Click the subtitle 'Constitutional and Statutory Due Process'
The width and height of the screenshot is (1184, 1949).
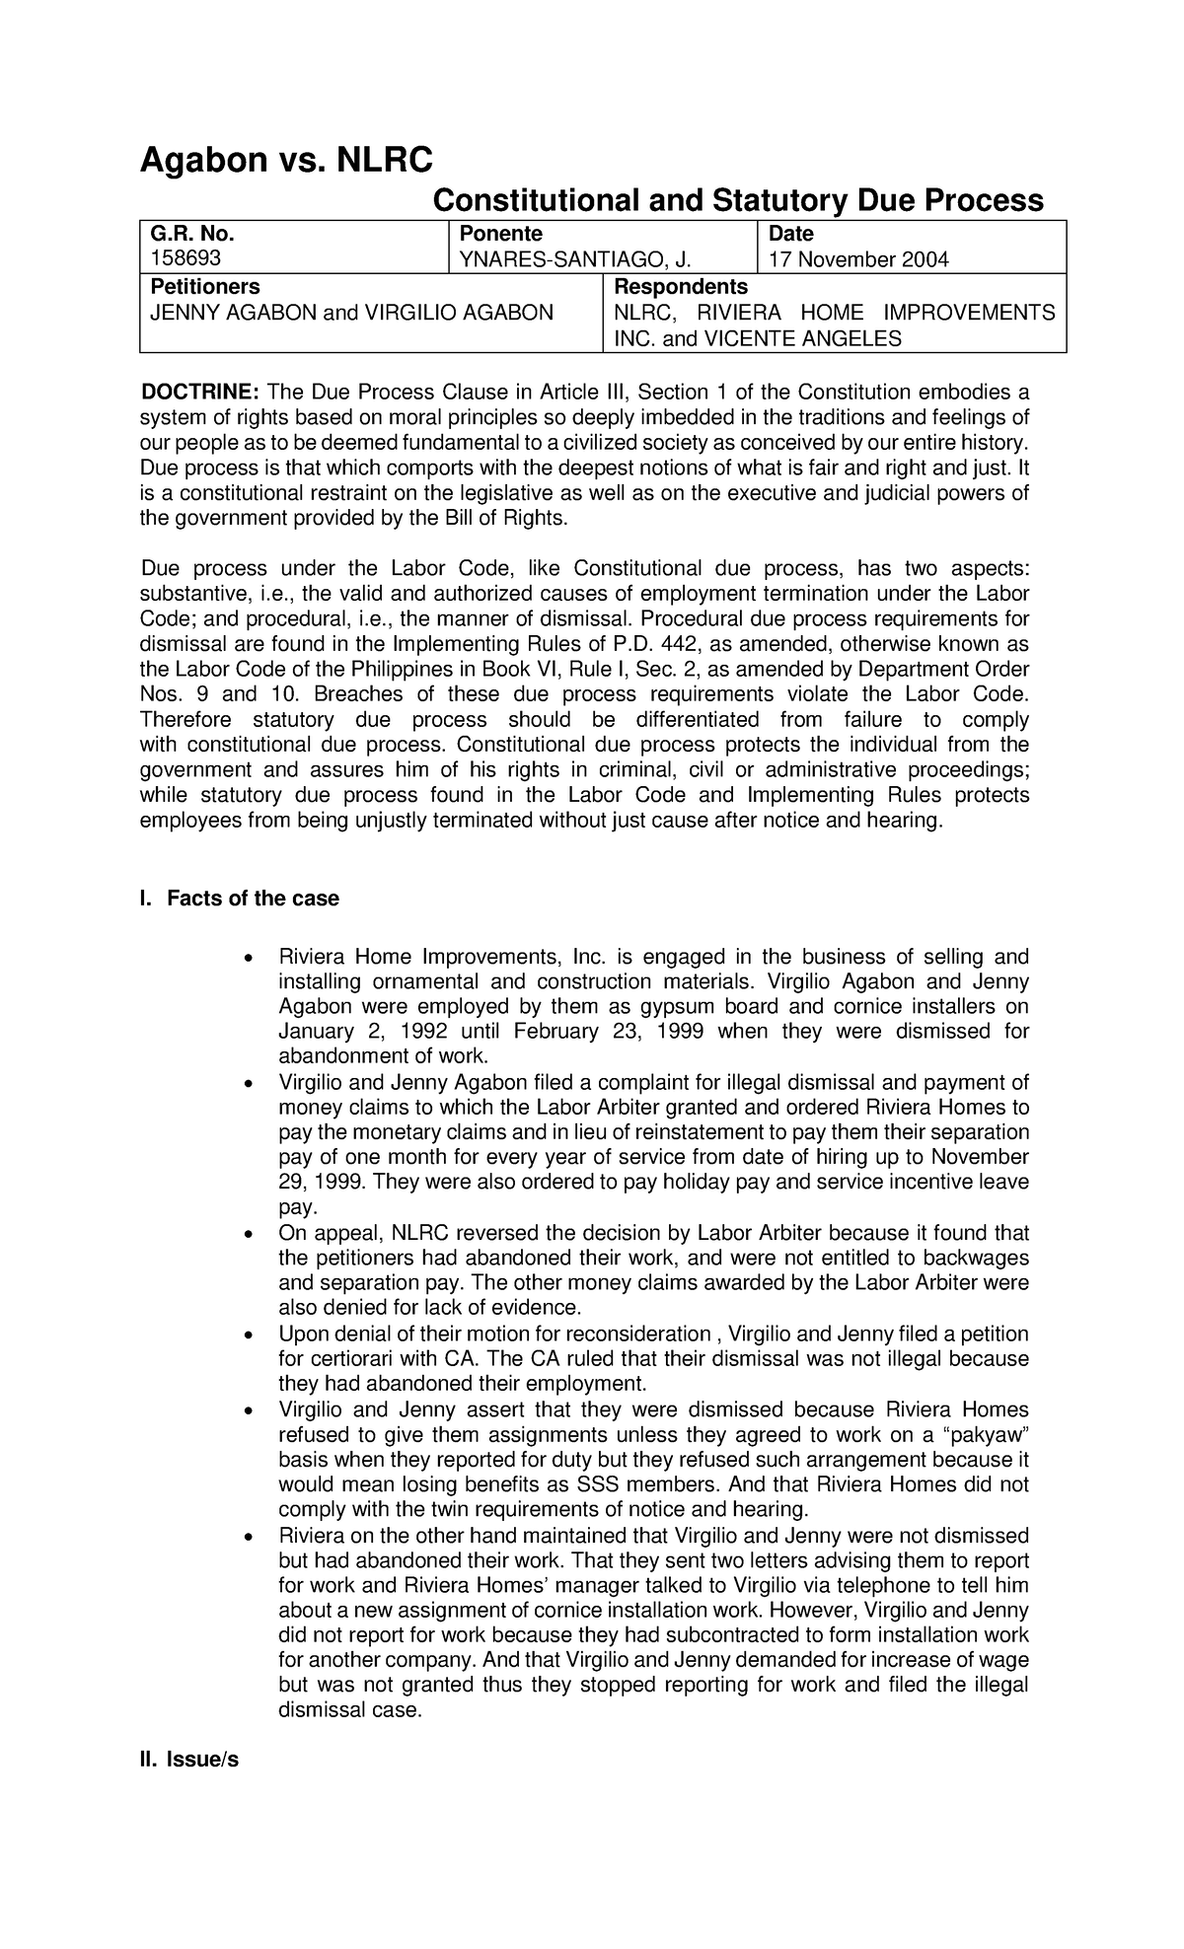click(738, 201)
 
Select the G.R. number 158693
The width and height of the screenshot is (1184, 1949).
click(185, 259)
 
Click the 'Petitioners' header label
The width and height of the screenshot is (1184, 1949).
click(204, 286)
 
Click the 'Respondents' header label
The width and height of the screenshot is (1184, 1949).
click(681, 286)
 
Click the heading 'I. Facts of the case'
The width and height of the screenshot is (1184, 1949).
click(239, 899)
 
